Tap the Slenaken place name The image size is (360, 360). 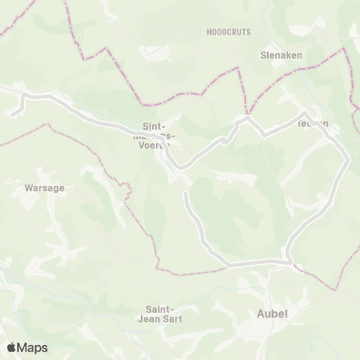click(x=280, y=56)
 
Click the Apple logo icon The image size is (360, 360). click(x=13, y=347)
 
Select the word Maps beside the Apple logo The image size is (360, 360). click(x=33, y=347)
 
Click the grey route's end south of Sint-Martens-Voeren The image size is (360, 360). click(x=186, y=193)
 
